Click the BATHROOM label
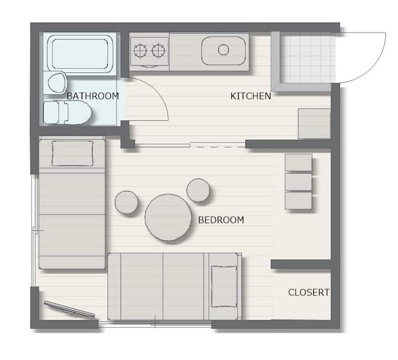click(93, 96)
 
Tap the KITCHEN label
click(250, 96)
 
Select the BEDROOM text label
click(221, 220)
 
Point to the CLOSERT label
click(308, 292)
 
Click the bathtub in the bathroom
click(80, 54)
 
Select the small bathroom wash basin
click(57, 83)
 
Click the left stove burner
click(140, 50)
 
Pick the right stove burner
click(159, 50)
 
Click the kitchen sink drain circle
click(223, 50)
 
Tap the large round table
click(168, 217)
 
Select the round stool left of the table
click(127, 202)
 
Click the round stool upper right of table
click(198, 190)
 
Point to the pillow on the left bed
click(72, 153)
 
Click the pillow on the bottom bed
click(224, 287)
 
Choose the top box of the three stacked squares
click(298, 162)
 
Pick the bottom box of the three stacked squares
click(298, 200)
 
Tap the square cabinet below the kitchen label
click(314, 124)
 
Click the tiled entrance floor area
click(308, 57)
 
